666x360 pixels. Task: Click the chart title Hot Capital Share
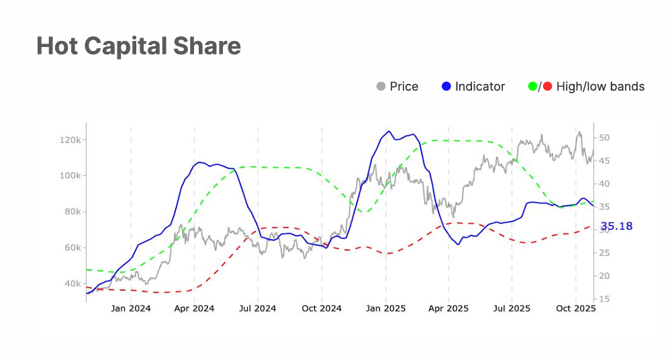138,46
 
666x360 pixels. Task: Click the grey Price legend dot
381,87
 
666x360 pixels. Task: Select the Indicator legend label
479,87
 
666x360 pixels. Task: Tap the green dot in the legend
533,87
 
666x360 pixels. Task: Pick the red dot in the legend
547,87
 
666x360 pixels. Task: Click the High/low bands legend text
600,87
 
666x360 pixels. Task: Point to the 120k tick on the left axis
70,140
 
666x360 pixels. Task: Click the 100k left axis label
70,176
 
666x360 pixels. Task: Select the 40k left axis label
71,283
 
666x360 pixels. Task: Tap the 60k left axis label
71,248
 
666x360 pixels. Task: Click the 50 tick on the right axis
604,138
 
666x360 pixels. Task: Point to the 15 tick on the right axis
604,298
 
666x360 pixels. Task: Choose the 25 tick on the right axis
604,253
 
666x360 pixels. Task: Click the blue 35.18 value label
616,226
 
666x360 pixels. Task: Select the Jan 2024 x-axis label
131,309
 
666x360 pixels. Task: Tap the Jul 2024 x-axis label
258,309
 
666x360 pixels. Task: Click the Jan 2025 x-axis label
385,309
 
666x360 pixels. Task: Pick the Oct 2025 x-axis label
576,309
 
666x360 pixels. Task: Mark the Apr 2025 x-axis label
448,309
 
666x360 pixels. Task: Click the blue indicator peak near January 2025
389,131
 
